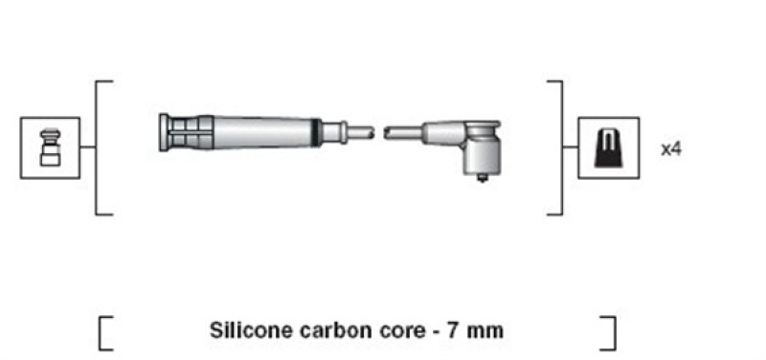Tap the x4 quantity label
670,149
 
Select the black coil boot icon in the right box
608,147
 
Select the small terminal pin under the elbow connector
481,177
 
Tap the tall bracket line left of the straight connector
98,147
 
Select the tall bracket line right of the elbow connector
560,147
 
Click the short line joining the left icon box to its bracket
86,147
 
